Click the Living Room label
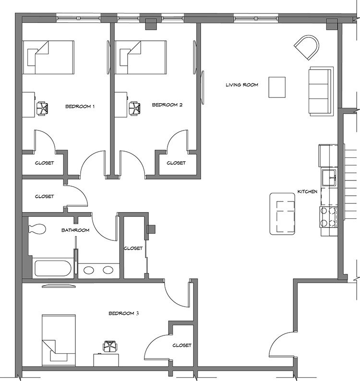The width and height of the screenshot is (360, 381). click(242, 85)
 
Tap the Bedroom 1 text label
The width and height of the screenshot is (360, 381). click(80, 107)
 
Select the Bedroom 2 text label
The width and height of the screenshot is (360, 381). click(167, 105)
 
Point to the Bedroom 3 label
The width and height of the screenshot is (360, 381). click(123, 313)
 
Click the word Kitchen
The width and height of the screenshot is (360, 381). click(308, 191)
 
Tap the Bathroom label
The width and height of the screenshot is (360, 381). click(75, 230)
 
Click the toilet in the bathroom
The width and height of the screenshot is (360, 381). click(37, 229)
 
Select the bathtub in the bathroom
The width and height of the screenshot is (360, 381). click(53, 268)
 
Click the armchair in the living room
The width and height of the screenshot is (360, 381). click(307, 48)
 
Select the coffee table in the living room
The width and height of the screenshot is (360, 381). click(277, 87)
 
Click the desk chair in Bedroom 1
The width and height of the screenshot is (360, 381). click(42, 108)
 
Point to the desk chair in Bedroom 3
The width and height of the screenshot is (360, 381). click(110, 346)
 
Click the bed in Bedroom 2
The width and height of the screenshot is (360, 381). click(141, 58)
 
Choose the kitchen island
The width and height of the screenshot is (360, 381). click(282, 214)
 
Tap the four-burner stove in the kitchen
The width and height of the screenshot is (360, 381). click(328, 217)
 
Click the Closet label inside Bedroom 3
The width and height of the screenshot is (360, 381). click(182, 345)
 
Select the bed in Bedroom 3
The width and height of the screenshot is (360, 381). click(59, 340)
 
